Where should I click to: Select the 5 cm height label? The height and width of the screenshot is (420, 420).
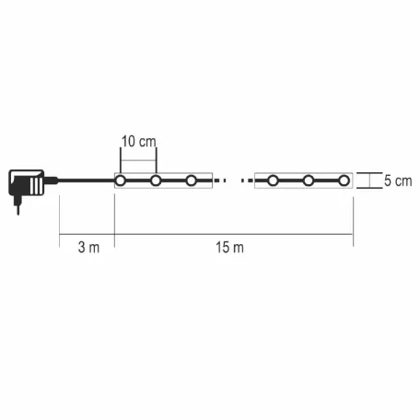point(398,181)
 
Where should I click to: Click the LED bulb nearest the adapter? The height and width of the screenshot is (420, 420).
point(120,181)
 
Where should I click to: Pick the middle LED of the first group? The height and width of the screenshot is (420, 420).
point(156,181)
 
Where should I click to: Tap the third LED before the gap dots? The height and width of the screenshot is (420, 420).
point(192,181)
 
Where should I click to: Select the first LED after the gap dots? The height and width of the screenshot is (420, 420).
point(274,181)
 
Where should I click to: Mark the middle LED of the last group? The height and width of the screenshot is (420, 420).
point(309,181)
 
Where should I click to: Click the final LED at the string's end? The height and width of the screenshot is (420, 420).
point(344,181)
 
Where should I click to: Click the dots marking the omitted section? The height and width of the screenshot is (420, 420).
point(233,181)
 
